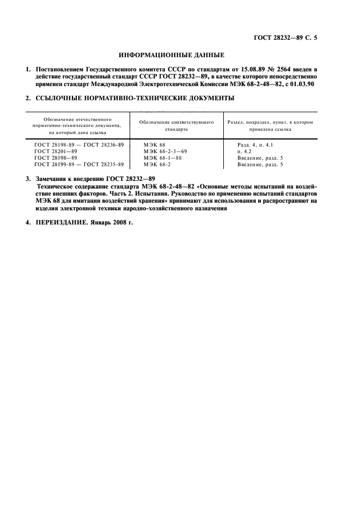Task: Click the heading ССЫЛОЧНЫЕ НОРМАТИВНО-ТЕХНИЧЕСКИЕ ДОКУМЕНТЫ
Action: point(135,99)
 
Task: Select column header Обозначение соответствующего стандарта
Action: point(176,126)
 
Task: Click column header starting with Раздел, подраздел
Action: point(270,126)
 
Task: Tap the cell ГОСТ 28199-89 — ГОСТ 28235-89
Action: point(79,164)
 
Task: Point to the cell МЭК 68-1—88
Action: point(162,157)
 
